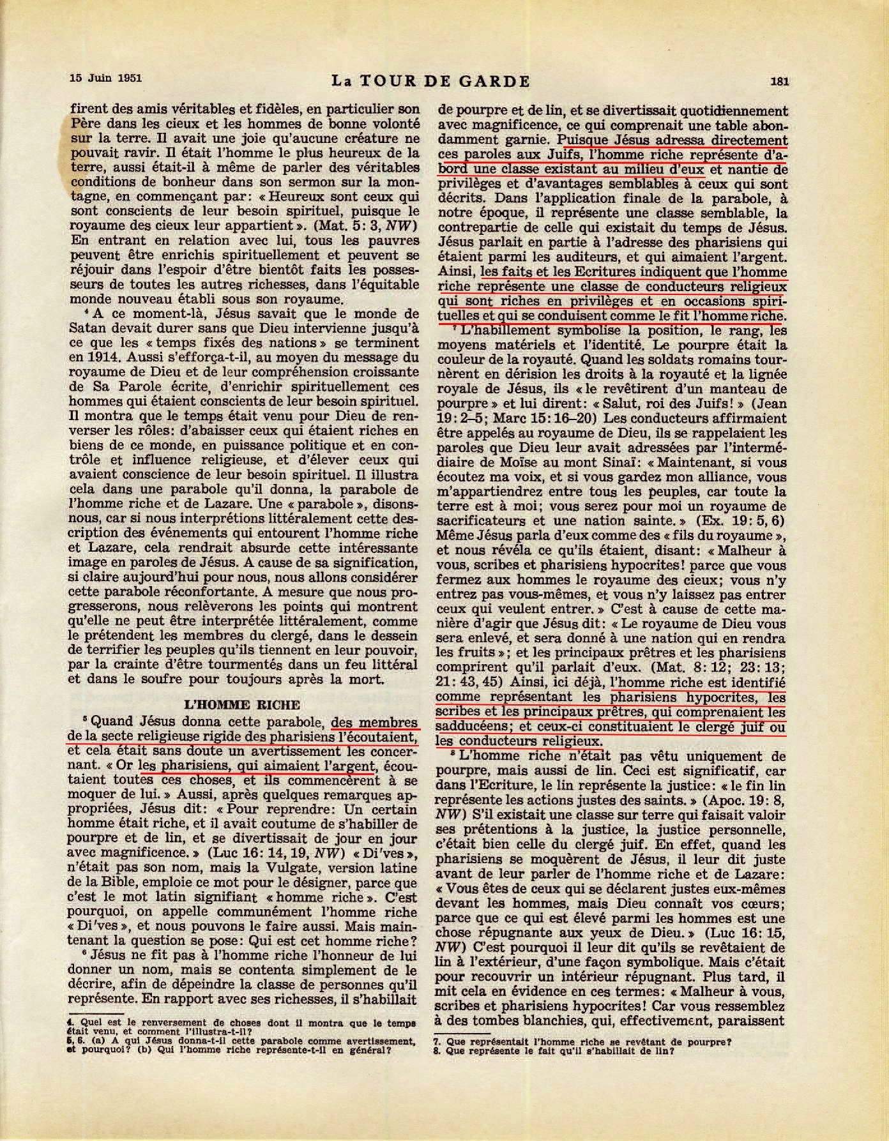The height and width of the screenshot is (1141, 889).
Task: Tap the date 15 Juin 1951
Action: tap(105, 79)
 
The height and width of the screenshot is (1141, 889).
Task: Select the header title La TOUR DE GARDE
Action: tap(431, 81)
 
